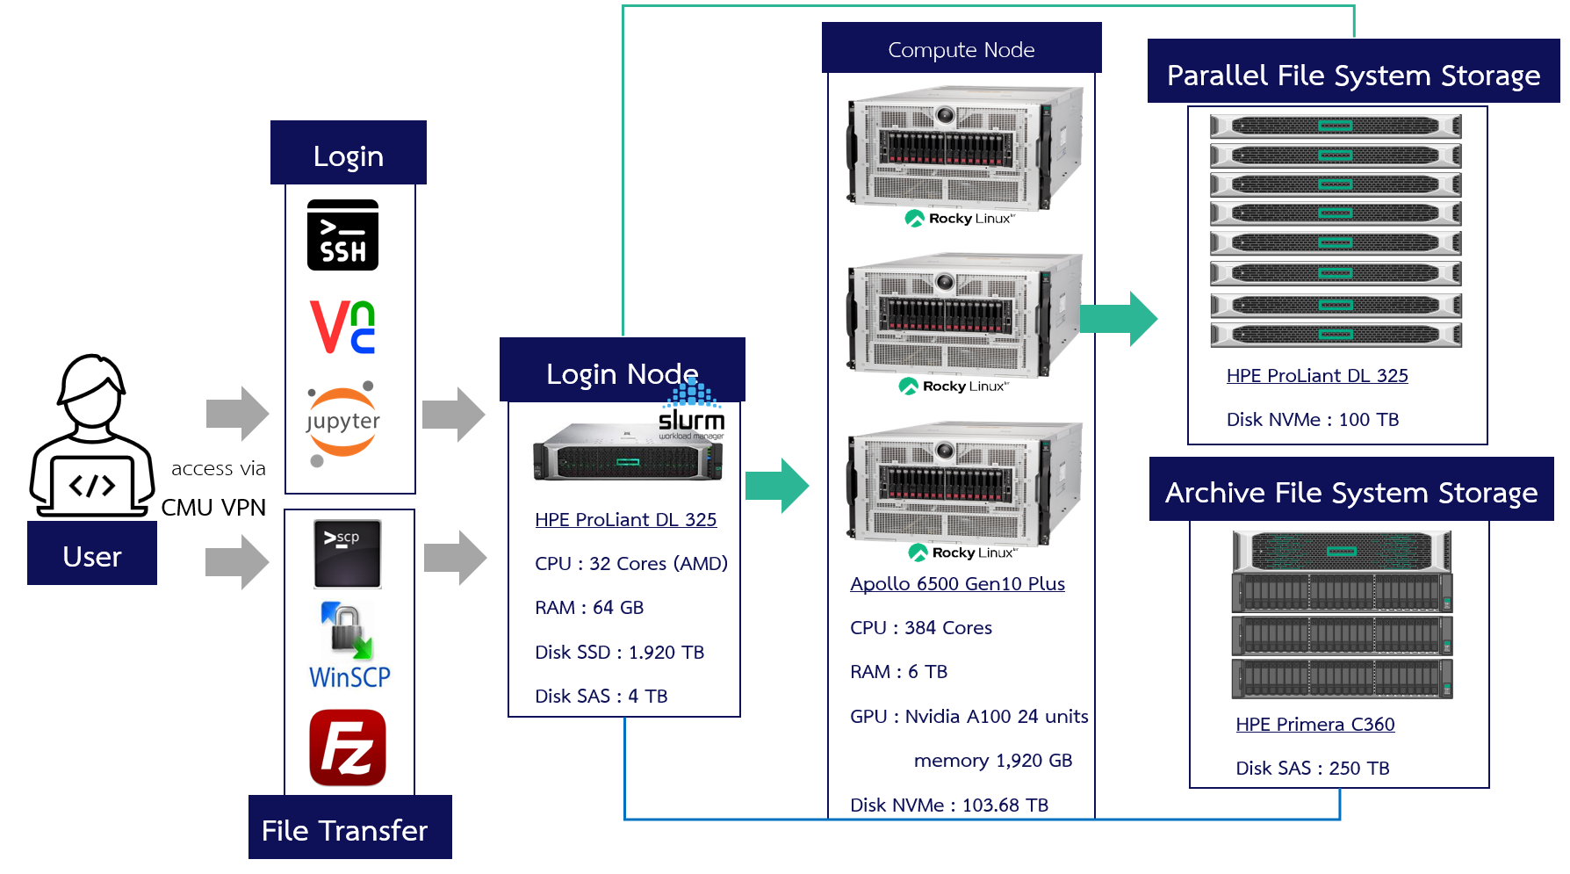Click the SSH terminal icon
342,235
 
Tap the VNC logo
342,327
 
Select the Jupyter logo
342,423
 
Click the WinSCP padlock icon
348,631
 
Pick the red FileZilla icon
348,748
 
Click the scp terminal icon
348,553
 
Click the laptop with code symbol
91,485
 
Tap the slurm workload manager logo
692,414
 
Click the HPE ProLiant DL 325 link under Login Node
625,520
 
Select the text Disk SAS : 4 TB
601,697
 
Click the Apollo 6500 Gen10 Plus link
957,584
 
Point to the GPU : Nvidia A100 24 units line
969,717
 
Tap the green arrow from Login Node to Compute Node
776,485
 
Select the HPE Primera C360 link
1314,725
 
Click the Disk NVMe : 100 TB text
1312,420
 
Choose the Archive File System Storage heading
1350,492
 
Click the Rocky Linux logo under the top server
959,219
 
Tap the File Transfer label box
349,828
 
